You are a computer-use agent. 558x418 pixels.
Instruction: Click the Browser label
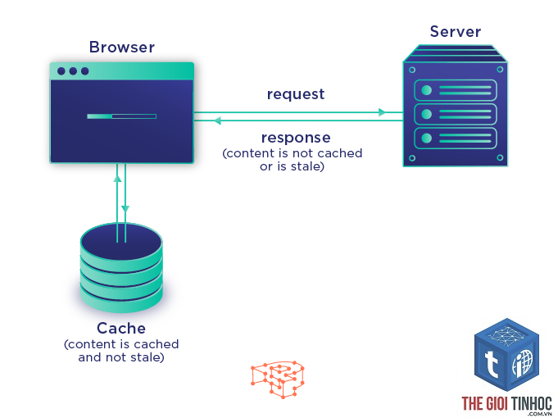point(122,47)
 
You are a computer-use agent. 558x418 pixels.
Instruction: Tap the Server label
point(455,31)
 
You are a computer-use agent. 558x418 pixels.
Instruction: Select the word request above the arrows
point(295,94)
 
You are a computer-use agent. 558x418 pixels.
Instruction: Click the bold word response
point(296,138)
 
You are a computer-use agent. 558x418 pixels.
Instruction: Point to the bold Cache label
point(121,328)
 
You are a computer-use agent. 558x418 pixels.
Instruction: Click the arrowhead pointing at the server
point(382,112)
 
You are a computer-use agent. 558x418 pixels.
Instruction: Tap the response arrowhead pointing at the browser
point(216,120)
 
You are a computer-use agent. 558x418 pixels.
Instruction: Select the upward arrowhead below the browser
point(117,178)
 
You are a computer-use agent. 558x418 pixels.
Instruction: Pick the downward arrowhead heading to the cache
point(125,209)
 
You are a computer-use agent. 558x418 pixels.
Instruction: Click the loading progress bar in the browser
point(122,116)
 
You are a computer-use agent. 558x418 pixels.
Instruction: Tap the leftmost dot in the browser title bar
point(61,71)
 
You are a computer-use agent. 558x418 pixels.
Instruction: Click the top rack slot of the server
point(456,90)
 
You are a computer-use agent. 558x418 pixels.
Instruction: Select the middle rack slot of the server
point(456,114)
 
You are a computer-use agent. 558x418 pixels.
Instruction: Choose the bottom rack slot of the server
point(456,139)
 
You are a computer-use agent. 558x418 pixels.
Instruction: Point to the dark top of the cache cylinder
point(121,242)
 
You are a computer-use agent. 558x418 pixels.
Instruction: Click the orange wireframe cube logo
point(278,379)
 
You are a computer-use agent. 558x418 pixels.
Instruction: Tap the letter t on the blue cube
point(491,364)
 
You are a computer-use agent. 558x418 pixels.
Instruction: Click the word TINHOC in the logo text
point(531,403)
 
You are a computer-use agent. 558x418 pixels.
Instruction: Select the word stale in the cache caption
point(147,357)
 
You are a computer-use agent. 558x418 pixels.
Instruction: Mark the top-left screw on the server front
point(412,70)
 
